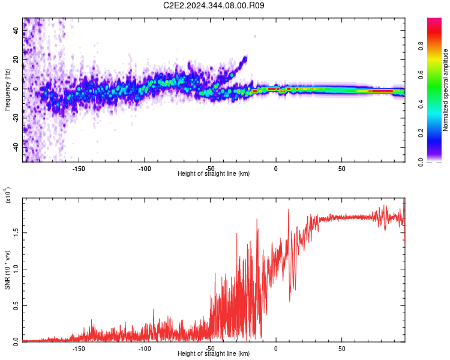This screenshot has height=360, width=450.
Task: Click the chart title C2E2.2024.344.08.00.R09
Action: [x=214, y=5]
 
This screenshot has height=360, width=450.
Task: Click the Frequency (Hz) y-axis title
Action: [x=7, y=89]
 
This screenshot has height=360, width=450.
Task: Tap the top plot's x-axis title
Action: [x=214, y=174]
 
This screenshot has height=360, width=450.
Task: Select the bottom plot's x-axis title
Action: [x=214, y=354]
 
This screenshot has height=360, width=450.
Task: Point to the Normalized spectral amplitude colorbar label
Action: [x=445, y=91]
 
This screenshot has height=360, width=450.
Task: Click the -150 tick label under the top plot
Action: [x=79, y=169]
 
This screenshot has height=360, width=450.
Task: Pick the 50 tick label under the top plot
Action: [x=341, y=169]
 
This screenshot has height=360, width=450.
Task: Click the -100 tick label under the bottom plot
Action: [x=145, y=349]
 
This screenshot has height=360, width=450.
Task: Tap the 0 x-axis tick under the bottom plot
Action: [x=275, y=349]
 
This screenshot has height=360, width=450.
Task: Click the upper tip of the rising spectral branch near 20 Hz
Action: [x=245, y=58]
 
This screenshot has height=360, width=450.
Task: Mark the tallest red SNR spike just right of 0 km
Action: [x=289, y=209]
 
